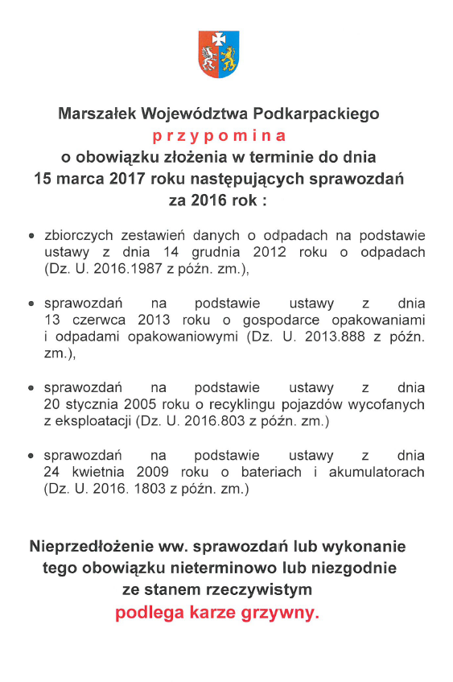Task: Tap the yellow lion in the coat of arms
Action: coord(229,58)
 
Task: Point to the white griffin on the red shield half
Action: coord(209,58)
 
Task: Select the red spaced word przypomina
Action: coord(219,134)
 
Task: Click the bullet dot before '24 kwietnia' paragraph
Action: coord(31,457)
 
